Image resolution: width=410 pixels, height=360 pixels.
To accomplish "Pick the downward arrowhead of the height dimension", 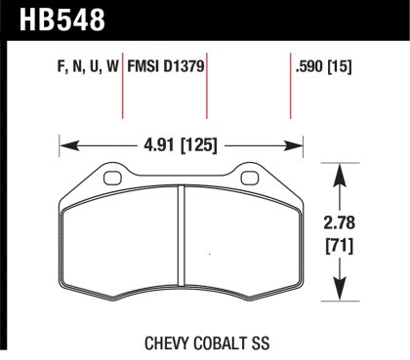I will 338,294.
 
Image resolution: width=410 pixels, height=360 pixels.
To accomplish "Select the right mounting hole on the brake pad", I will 251,178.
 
